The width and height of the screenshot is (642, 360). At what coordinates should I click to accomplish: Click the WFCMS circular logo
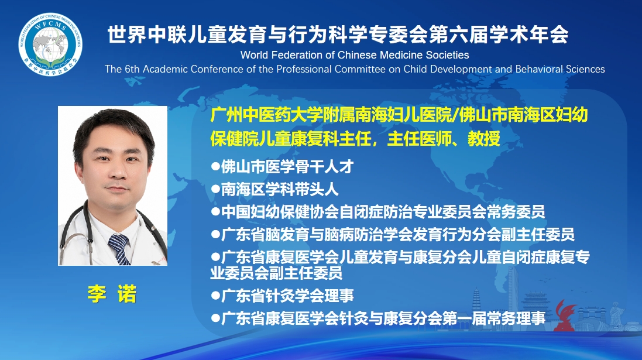pos(50,44)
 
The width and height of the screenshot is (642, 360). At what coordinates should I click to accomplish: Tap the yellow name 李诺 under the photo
pos(112,294)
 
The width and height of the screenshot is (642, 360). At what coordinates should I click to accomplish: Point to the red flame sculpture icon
pos(565,316)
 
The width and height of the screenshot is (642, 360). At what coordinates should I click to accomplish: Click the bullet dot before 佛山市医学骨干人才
pos(215,166)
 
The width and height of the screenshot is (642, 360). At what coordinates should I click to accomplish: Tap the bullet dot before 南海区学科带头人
pos(215,189)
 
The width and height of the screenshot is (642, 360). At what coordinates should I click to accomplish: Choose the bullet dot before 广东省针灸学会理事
pos(215,295)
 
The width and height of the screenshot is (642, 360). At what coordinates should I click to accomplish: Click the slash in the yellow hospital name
pos(454,115)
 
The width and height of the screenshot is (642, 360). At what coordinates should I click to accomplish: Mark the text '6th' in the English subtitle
pos(132,69)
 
